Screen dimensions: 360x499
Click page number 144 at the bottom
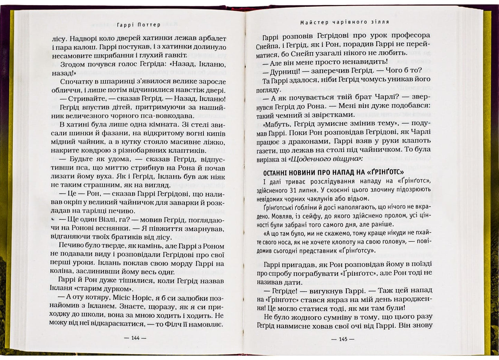point(135,338)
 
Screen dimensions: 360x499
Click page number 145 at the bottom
point(343,339)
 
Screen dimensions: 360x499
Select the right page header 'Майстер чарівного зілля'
point(344,22)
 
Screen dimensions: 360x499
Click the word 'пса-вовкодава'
point(167,116)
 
